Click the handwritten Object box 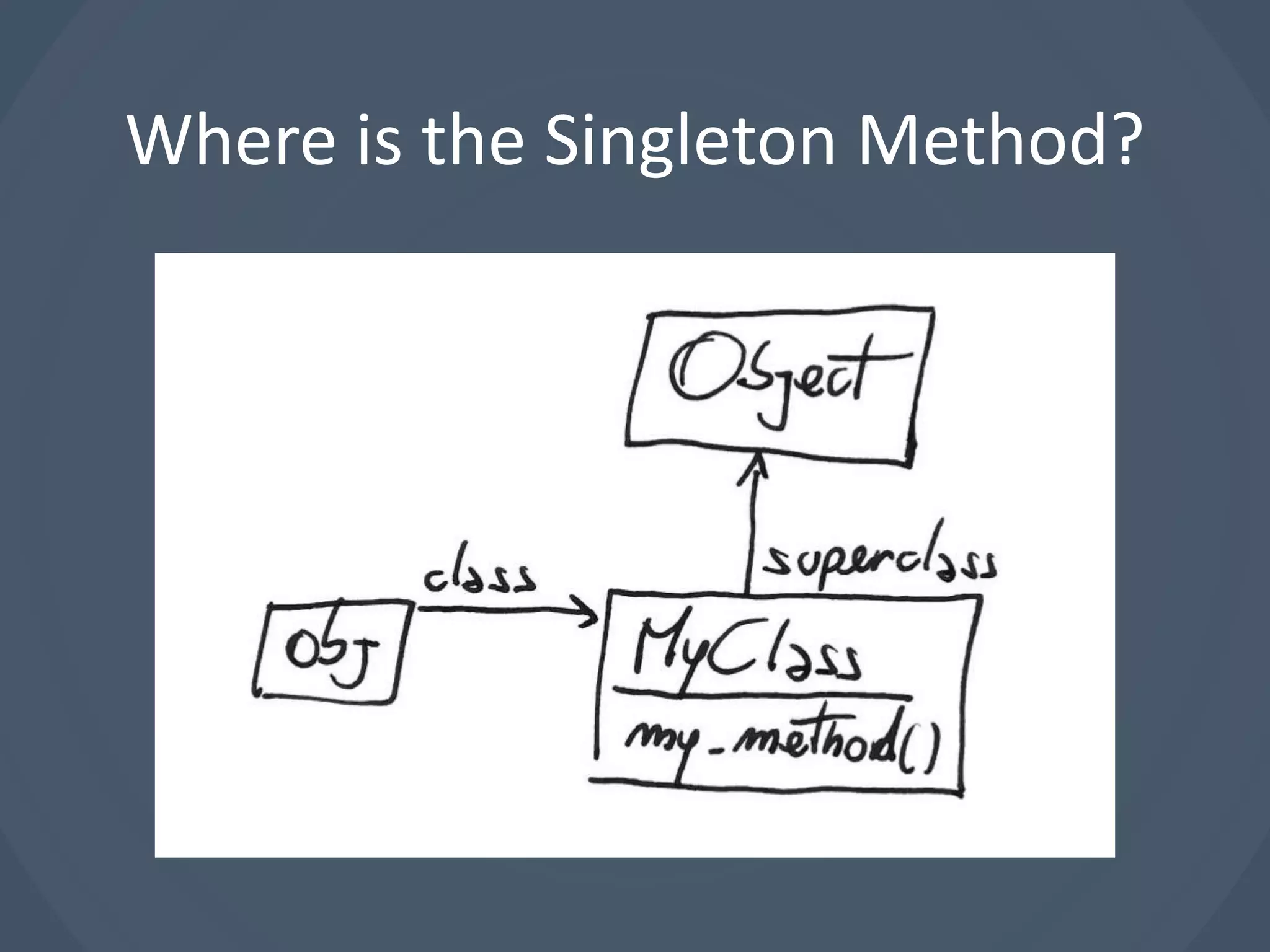click(778, 384)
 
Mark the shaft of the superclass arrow click(751, 539)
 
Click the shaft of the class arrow click(496, 610)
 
